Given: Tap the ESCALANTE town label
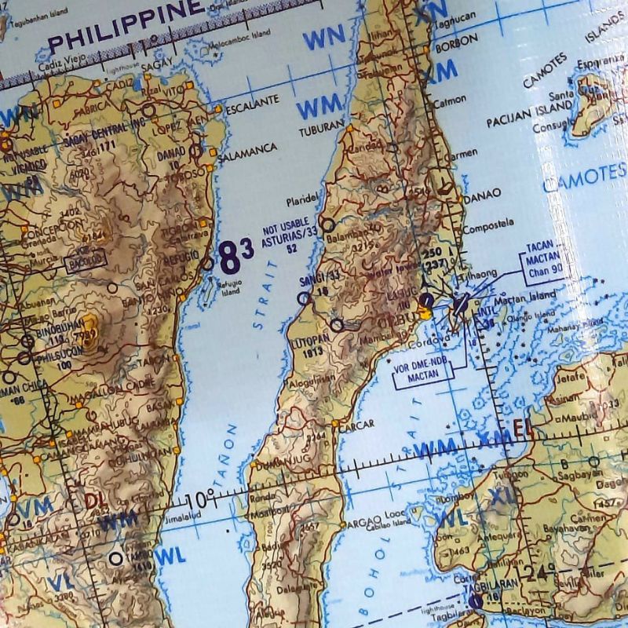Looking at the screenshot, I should tap(253, 102).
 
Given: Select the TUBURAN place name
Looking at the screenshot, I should tap(321, 125).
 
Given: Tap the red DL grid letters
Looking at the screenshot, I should tap(95, 499).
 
